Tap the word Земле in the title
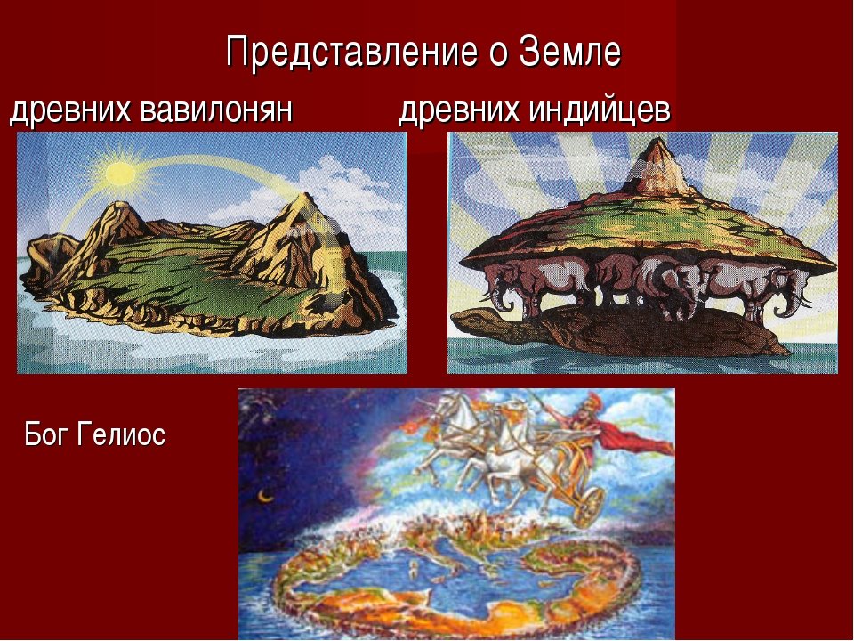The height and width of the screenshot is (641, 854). click(570, 52)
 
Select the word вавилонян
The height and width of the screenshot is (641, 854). click(217, 110)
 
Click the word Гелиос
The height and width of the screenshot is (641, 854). click(122, 435)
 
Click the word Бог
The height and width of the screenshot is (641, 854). click(46, 434)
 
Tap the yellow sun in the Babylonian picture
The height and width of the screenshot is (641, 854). click(120, 174)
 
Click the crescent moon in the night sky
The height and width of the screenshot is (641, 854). click(265, 496)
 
